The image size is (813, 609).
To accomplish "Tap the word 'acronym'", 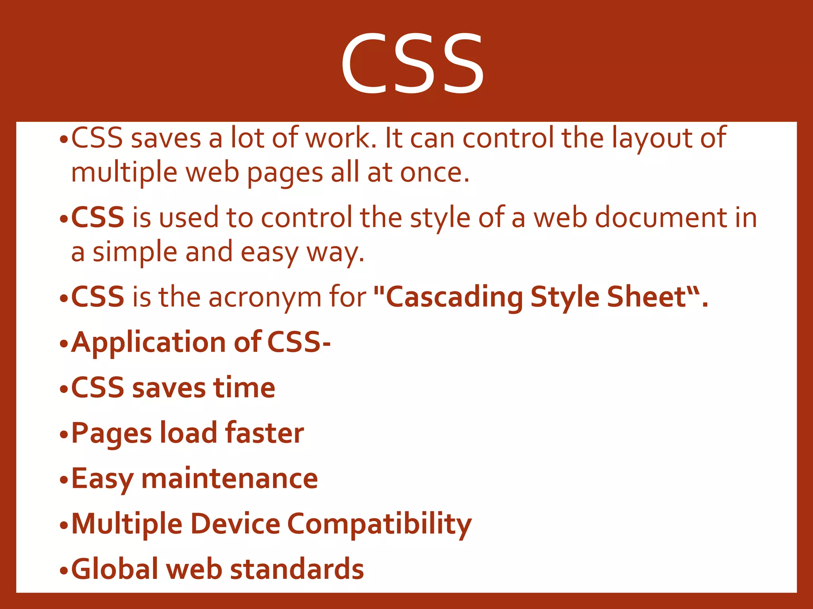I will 265,297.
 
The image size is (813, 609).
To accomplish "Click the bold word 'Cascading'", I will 454,297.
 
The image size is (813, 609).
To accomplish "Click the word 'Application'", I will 149,343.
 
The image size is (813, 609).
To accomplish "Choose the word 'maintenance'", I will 229,478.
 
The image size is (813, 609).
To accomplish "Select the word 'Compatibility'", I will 379,524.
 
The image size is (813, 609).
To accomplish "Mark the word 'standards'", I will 297,569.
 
